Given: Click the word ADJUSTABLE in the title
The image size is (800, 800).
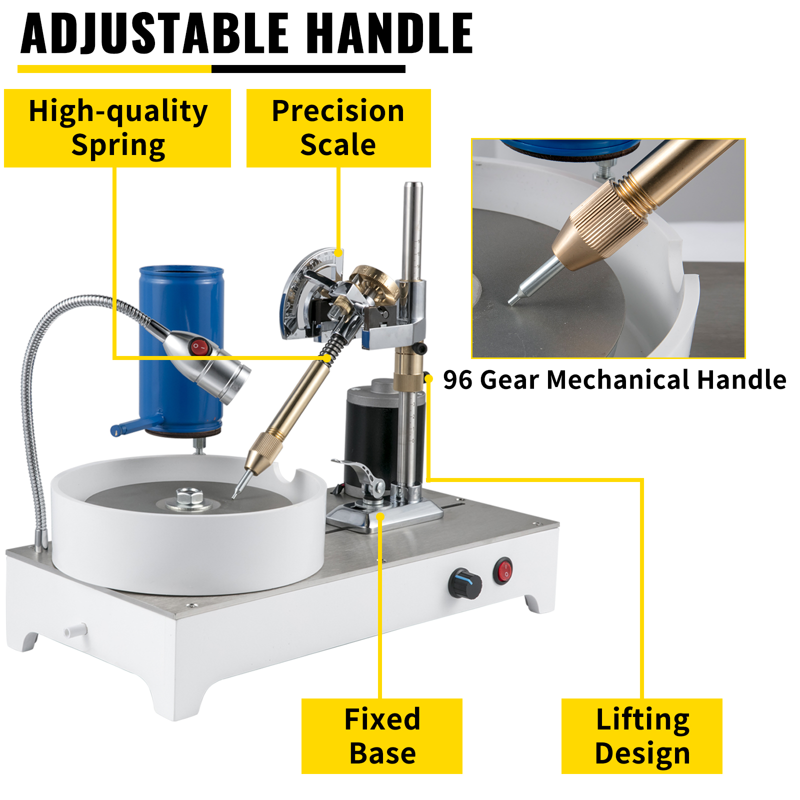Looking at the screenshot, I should (155, 33).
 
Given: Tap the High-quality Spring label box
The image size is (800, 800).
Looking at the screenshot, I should (117, 128).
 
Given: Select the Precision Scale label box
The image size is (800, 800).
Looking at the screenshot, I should (338, 128).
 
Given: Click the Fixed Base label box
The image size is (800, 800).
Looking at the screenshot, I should (382, 736).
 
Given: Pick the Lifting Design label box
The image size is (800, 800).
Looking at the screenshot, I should (642, 736).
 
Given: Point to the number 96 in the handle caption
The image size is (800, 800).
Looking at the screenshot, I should (457, 380).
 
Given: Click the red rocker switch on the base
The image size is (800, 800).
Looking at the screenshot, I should (503, 571).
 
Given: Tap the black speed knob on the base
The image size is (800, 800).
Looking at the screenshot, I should (464, 583).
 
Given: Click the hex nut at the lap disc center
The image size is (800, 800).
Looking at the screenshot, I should (189, 497).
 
